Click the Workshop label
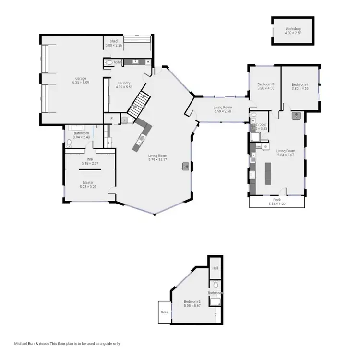(x=293, y=29)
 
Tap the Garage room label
(x=81, y=78)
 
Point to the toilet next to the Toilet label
(x=108, y=62)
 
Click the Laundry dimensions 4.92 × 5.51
(x=124, y=87)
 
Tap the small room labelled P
(x=111, y=118)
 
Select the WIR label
(x=90, y=159)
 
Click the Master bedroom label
(x=88, y=182)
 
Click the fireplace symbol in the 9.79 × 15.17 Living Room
(x=185, y=166)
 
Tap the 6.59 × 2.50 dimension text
(x=223, y=111)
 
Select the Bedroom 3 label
(x=265, y=84)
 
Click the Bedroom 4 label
(x=300, y=84)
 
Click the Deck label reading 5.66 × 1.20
(x=276, y=204)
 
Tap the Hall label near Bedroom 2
(x=215, y=268)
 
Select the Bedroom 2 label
(x=192, y=301)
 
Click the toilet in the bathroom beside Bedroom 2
(x=216, y=285)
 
